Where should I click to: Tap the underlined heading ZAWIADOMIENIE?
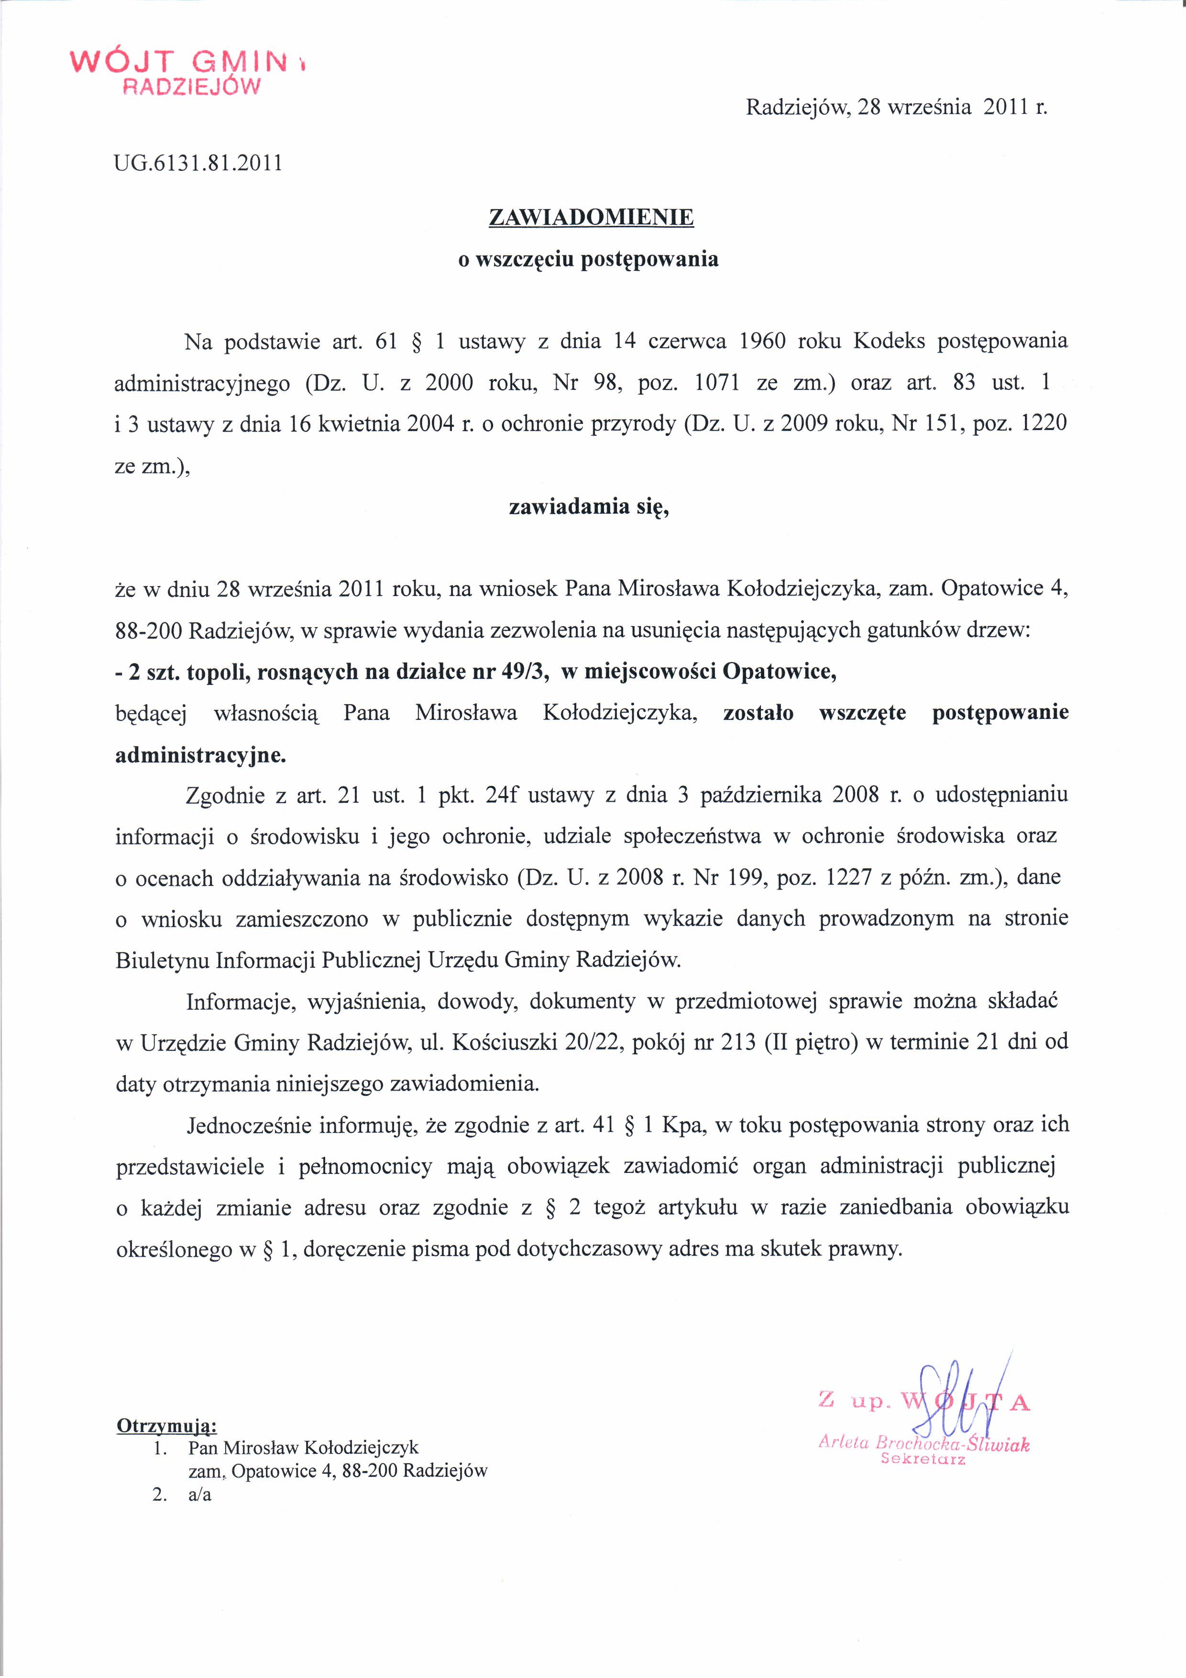[x=591, y=217]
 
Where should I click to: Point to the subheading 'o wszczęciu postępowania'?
[x=588, y=259]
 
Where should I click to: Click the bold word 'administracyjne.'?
[x=201, y=754]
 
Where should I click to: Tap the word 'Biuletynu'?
[x=162, y=960]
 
